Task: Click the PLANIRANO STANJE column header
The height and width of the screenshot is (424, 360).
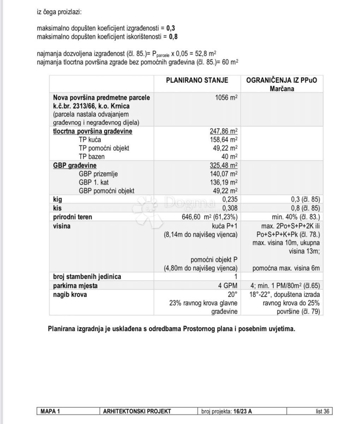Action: click(197, 80)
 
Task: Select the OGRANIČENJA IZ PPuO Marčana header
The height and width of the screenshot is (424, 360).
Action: click(282, 84)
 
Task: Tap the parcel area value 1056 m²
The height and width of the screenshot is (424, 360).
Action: click(226, 98)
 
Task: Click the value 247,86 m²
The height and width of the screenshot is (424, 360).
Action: click(223, 131)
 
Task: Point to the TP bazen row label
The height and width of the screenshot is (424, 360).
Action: click(92, 157)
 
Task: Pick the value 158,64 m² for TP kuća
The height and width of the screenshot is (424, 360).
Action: click(224, 140)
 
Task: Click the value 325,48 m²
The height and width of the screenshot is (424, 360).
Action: click(223, 165)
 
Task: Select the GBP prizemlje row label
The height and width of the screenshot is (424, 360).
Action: click(98, 174)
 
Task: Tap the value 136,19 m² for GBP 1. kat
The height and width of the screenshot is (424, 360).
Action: click(224, 182)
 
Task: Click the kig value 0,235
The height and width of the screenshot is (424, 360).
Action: click(230, 200)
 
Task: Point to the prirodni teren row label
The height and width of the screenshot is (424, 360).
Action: click(72, 217)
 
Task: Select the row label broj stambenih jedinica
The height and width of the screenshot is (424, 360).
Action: click(87, 277)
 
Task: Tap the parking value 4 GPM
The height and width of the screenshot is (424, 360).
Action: click(228, 285)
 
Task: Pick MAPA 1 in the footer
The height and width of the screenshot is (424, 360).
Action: click(50, 411)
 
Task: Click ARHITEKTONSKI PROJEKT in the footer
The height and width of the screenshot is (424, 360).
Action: click(137, 411)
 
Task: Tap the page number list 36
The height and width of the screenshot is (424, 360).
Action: click(322, 411)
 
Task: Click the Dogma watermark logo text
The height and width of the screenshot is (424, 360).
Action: click(189, 203)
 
